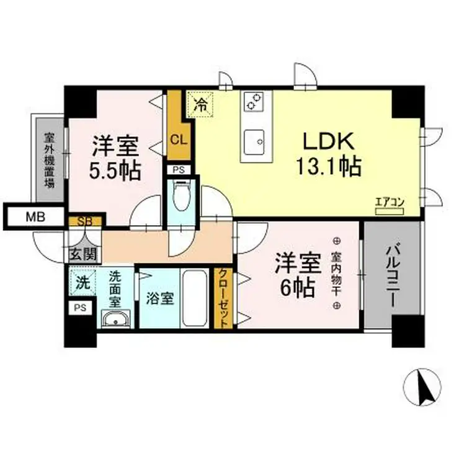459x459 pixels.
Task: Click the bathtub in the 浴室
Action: point(197,298)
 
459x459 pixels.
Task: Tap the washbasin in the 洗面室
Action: point(116,319)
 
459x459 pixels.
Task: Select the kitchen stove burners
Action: point(254,101)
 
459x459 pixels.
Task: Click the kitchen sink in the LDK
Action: point(253,142)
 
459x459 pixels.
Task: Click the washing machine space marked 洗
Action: point(82,283)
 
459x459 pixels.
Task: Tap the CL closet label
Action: point(178,139)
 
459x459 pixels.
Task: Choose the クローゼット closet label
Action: point(222,298)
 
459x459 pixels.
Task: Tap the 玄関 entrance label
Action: point(83,253)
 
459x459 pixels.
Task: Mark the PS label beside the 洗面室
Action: point(80,307)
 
